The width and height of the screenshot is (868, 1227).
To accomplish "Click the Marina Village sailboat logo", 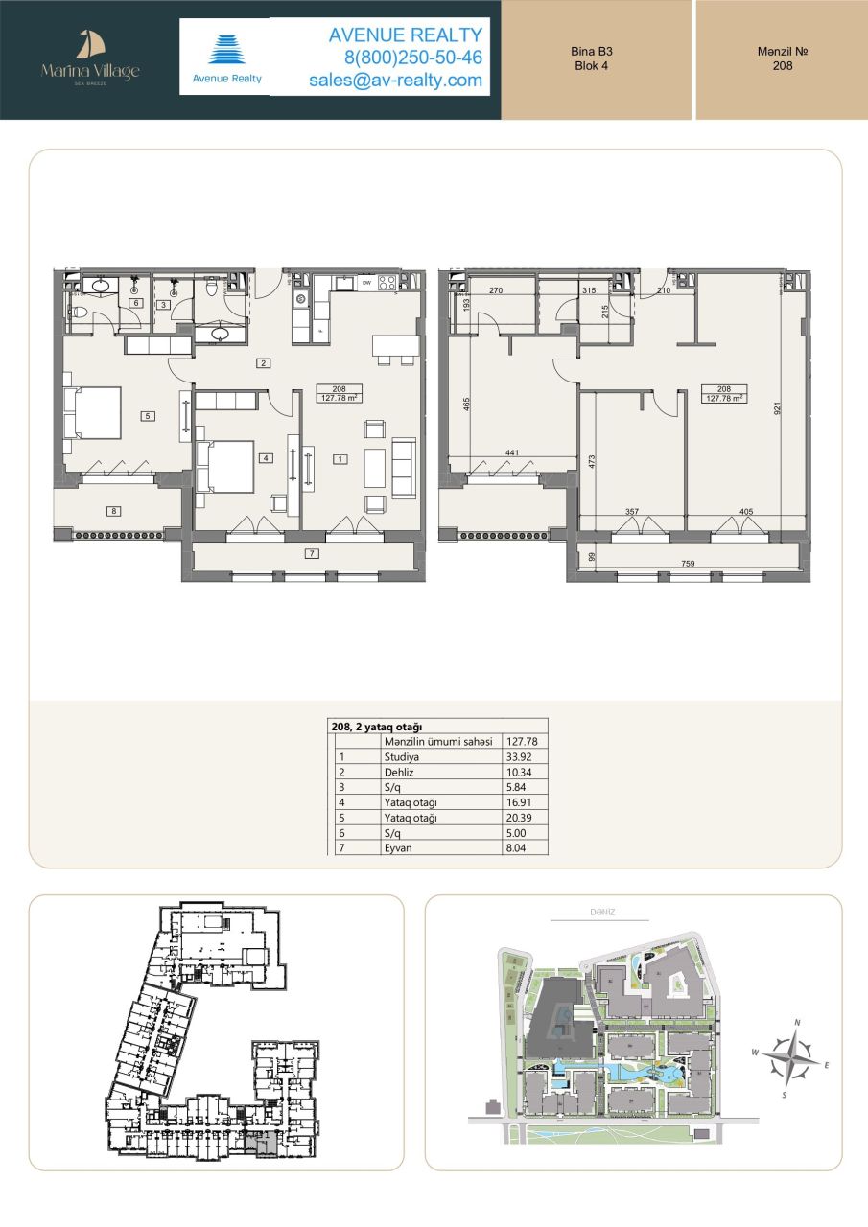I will coord(90,45).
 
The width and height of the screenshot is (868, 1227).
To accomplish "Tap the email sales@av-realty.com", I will coord(395,81).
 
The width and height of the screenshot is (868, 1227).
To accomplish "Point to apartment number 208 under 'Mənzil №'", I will coord(782,66).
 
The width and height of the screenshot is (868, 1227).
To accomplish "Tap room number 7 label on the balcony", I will coord(312,554).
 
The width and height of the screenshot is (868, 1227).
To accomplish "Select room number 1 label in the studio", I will coord(339,459).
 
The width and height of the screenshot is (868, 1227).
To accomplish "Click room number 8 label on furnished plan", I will coord(114,511).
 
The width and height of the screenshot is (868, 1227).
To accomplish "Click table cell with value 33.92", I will coord(519,756).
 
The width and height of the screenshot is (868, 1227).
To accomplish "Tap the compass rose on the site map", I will coord(791,1059).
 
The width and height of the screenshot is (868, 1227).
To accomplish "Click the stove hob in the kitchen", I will coord(388,283).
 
